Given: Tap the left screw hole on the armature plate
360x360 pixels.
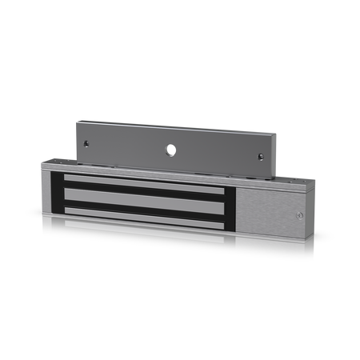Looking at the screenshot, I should (86, 144).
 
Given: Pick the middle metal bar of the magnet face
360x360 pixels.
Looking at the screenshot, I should (144, 199).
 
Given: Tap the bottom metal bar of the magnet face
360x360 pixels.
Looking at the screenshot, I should (144, 214).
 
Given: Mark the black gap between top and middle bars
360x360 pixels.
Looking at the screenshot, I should (144, 190).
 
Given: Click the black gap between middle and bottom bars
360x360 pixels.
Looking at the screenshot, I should (144, 208).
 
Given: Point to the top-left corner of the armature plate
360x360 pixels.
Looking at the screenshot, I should (76, 121).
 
